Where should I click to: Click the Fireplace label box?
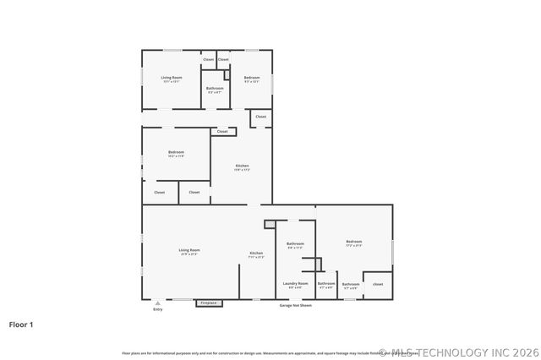tap(209, 303)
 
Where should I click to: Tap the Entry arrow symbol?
tap(157, 303)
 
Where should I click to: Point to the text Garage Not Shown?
tap(296, 305)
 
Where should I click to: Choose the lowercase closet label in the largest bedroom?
tap(378, 284)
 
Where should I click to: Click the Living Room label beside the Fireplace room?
tap(189, 251)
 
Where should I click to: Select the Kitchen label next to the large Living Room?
tap(256, 254)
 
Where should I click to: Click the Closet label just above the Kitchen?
tap(222, 131)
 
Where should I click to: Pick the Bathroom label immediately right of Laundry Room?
tap(326, 284)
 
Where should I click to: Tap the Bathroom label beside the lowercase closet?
tap(350, 285)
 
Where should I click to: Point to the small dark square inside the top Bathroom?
tap(227, 75)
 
